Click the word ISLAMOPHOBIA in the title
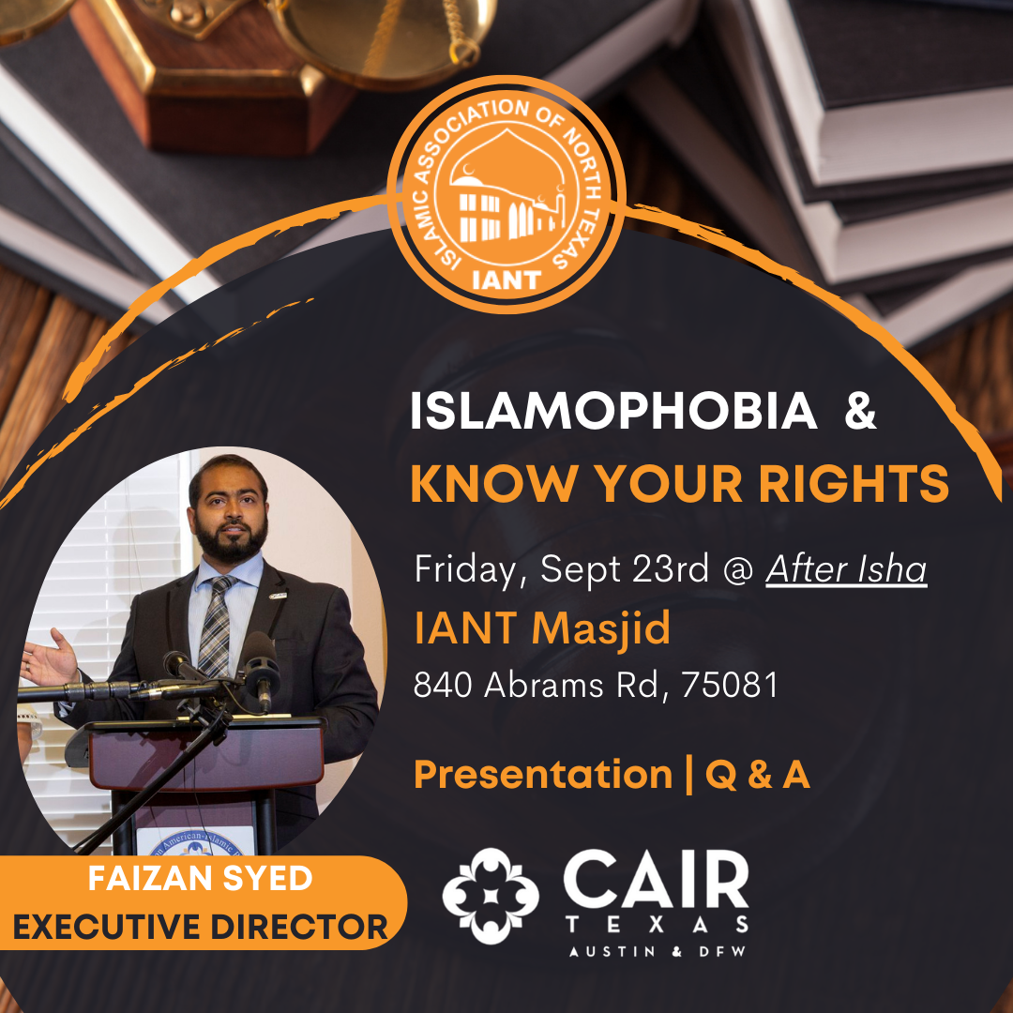coord(613,411)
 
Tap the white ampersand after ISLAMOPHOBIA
coord(860,411)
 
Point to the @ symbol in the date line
coord(737,570)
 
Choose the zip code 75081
coord(730,685)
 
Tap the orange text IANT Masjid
coord(541,627)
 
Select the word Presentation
coord(543,775)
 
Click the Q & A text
coord(757,775)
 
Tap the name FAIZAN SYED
coord(201,878)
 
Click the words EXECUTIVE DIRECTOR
coord(201,927)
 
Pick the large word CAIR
coord(656,879)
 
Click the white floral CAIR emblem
coord(491,896)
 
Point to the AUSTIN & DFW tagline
coord(657,952)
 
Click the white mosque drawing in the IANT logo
coord(507,190)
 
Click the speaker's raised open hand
coord(49,658)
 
